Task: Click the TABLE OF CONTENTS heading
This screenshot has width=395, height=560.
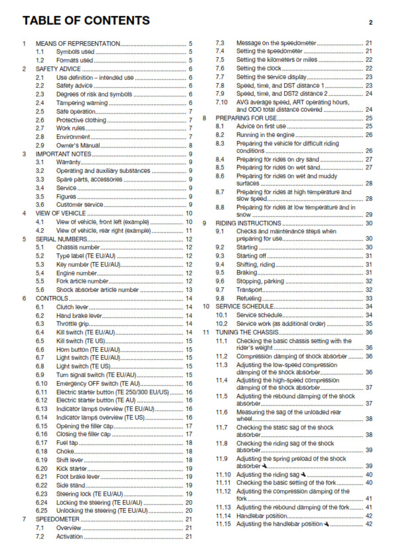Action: click(x=86, y=21)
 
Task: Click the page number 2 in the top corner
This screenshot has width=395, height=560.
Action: click(x=370, y=22)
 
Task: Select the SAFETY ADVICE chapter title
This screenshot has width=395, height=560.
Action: click(x=60, y=69)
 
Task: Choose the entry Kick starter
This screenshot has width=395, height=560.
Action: click(x=72, y=468)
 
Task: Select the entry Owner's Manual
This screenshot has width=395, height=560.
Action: click(x=78, y=145)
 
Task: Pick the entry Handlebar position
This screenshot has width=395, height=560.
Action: click(x=262, y=515)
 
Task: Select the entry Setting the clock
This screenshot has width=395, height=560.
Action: click(x=259, y=69)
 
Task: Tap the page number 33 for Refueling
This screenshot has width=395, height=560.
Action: click(x=368, y=298)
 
